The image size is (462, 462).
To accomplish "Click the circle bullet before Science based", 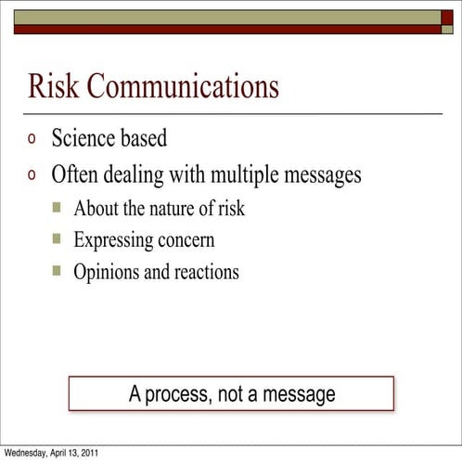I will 33,140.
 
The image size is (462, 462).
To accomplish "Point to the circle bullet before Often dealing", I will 33,174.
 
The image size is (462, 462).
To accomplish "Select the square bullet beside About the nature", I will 57,208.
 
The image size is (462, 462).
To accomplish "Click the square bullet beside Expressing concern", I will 57,239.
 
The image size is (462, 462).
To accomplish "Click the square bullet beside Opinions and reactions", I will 57,271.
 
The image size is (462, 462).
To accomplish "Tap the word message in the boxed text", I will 299,394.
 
